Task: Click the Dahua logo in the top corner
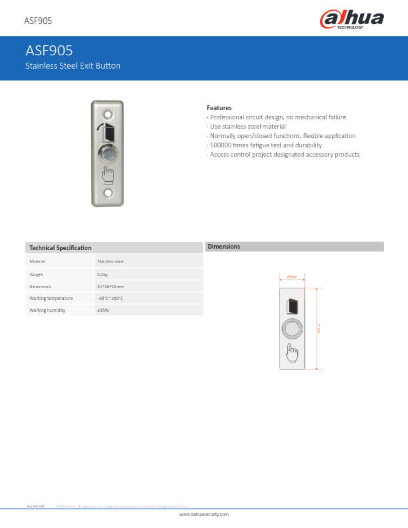point(353,19)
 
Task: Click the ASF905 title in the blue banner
point(49,50)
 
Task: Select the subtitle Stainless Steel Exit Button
point(73,66)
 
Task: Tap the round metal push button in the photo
point(107,153)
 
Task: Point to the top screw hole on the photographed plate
point(107,107)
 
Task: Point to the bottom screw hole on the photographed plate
point(107,196)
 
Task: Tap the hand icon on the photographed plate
point(107,174)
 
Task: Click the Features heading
point(219,107)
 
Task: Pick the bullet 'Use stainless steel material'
point(247,126)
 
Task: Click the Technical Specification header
point(60,248)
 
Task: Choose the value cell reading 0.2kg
point(103,274)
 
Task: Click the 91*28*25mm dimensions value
point(111,286)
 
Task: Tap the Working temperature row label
point(51,298)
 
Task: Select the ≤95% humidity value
point(103,310)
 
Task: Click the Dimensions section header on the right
point(224,247)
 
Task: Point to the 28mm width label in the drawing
point(292,276)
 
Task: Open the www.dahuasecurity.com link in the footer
point(204,515)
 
